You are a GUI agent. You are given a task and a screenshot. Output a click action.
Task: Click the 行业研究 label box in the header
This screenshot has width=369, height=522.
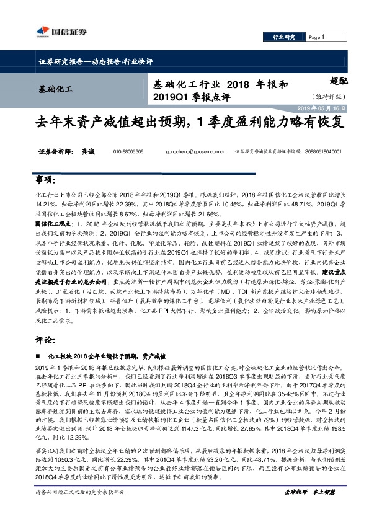(x=284, y=37)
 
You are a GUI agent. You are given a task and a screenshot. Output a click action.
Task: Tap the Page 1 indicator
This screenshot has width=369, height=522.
(x=317, y=37)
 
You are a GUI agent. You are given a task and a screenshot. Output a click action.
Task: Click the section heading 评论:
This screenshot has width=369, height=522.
(x=45, y=340)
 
